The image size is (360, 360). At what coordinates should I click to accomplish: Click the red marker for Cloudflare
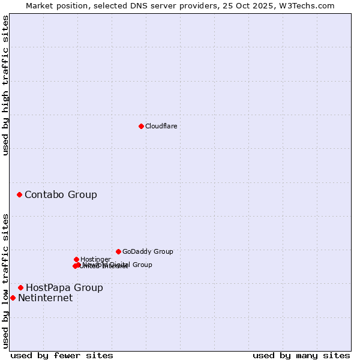(x=141, y=126)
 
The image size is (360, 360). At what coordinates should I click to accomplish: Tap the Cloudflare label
(x=161, y=126)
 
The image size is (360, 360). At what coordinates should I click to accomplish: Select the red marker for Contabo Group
(x=20, y=194)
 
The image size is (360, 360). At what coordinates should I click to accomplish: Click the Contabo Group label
(x=61, y=194)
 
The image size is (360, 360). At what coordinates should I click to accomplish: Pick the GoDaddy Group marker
(x=118, y=251)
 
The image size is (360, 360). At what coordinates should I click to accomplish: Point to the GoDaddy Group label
(x=148, y=251)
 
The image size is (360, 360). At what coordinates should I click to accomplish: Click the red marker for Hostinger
(x=76, y=259)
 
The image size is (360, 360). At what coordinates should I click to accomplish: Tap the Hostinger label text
(x=95, y=259)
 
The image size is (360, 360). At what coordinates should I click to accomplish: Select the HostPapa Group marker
(x=20, y=287)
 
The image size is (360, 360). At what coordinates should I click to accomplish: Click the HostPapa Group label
(x=64, y=287)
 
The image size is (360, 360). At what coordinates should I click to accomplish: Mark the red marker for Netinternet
(x=13, y=298)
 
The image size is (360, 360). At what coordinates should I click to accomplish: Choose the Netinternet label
(x=45, y=298)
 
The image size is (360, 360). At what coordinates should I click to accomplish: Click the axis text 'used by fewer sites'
(x=62, y=355)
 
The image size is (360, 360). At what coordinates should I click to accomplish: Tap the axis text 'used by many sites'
(x=301, y=355)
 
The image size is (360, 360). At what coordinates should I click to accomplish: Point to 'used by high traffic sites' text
(x=5, y=85)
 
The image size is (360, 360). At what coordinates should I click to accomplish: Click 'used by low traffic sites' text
(x=5, y=280)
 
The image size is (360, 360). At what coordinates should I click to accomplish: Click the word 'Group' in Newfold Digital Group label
(x=142, y=265)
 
